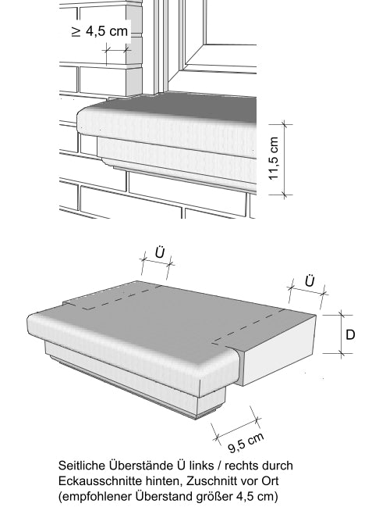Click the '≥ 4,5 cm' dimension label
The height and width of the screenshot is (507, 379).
point(100,31)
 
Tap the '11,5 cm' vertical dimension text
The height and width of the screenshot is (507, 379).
point(274,158)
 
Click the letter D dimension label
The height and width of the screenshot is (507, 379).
point(350,334)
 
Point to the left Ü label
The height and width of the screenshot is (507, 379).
point(160,252)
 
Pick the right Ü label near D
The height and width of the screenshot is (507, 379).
point(310,280)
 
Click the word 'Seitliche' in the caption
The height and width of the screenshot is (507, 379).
point(82,466)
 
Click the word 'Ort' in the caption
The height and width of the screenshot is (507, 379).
point(270,480)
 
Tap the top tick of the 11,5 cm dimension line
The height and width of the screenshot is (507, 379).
point(284,124)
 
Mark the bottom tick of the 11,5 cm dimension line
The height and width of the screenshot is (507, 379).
point(284,195)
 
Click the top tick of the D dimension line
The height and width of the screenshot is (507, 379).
point(342,315)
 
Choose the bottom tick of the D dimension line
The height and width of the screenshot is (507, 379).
point(342,353)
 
